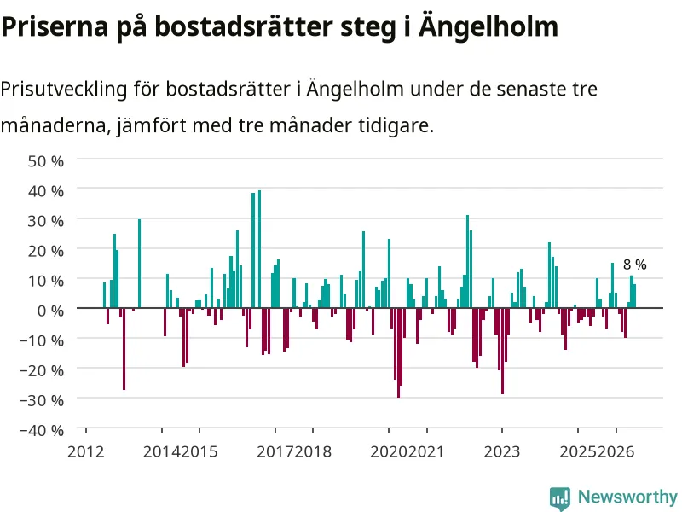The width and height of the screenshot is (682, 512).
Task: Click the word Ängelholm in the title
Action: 488,26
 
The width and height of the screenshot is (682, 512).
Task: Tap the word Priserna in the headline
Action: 55,26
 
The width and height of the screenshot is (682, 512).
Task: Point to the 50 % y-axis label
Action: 46,161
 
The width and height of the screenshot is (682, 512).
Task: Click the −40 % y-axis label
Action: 42,431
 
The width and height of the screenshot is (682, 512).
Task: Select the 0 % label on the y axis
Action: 50,311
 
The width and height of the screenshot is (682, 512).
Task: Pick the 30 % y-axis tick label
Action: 46,221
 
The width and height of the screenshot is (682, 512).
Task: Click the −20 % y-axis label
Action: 42,370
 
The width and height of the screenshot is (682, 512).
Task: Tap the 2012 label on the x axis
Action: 86,452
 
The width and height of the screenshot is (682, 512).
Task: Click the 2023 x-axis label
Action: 502,452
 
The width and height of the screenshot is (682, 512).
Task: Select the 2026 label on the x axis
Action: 616,452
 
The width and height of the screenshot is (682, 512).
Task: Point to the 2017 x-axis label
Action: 275,452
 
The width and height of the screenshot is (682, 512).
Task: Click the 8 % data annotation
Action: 634,265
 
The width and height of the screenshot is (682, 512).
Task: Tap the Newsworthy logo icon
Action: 560,498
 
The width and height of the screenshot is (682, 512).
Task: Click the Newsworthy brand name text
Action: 627,497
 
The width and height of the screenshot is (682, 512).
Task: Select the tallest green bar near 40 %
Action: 260,249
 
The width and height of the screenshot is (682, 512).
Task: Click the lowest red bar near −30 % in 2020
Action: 398,352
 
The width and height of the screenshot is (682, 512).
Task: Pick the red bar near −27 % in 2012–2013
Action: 124,349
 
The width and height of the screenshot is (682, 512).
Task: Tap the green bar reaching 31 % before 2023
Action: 467,261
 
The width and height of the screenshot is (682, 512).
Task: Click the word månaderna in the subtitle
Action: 54,125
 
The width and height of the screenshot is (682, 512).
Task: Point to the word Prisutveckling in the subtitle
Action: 65,90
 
